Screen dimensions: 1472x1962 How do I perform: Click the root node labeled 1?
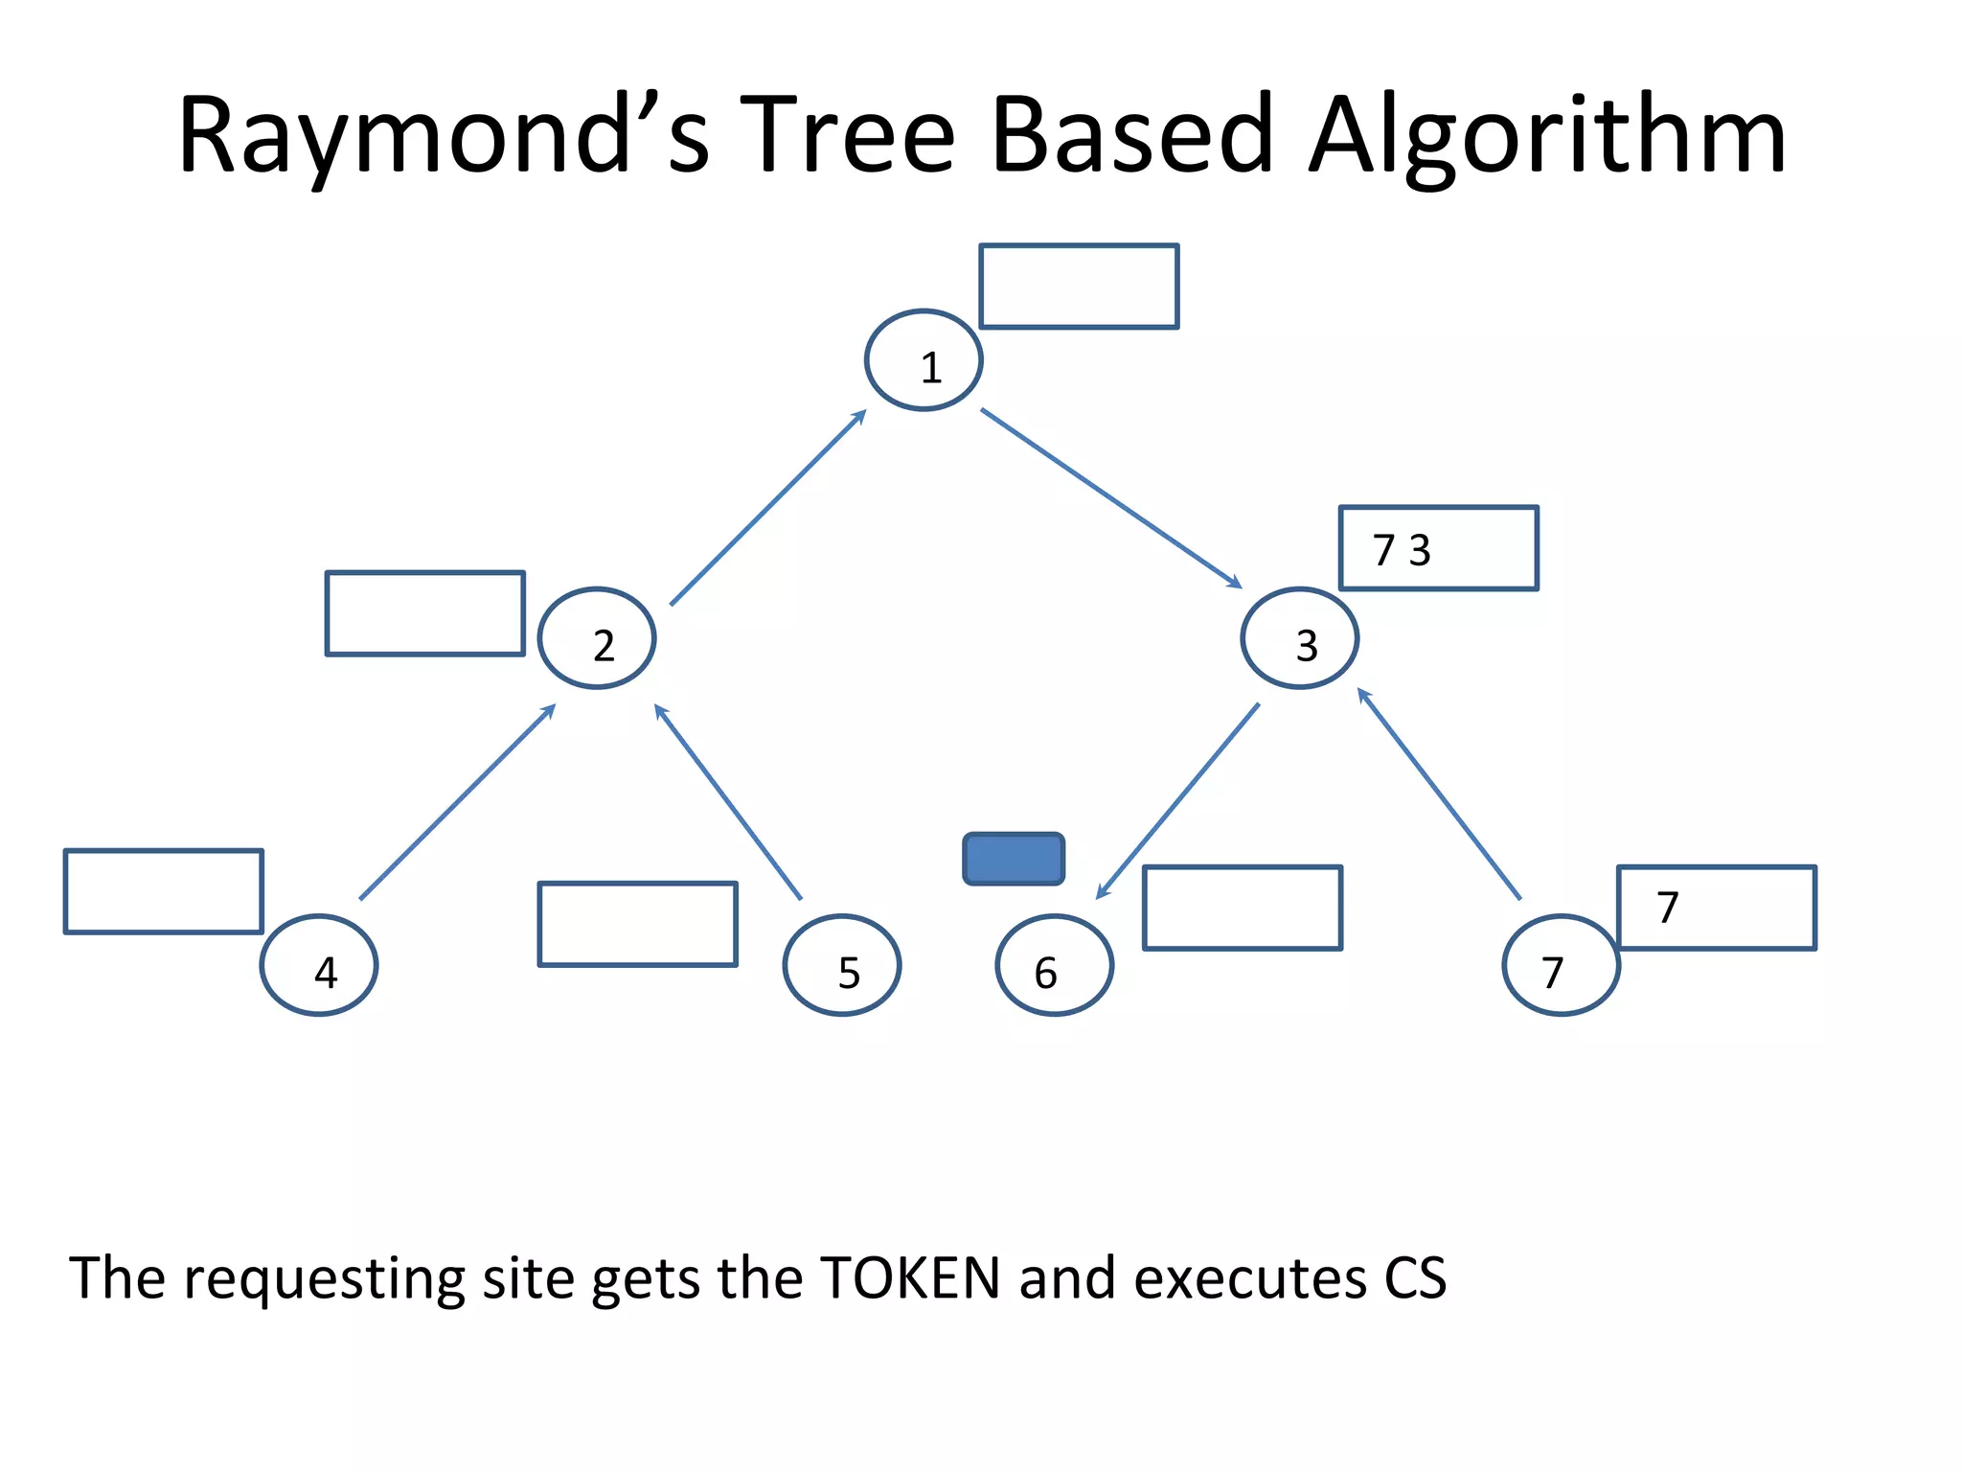tap(924, 360)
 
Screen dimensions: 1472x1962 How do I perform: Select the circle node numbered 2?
tap(597, 638)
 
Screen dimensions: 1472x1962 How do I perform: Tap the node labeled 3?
tap(1299, 638)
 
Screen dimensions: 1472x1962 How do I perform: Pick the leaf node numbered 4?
tap(319, 965)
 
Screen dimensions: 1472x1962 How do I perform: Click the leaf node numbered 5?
tap(842, 965)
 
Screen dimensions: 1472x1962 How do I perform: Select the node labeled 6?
tap(1054, 965)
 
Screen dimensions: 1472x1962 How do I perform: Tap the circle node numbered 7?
tap(1561, 965)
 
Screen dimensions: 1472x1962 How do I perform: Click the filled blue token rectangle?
tap(1014, 859)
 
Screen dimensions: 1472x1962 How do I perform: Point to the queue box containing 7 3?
tap(1438, 548)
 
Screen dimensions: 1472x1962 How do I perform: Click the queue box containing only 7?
tap(1717, 908)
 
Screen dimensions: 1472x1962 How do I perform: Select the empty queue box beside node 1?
tap(1079, 287)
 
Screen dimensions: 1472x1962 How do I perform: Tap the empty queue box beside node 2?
tap(425, 613)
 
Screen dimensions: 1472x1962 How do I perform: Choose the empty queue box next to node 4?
tap(164, 891)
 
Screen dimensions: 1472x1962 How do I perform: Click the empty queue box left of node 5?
tap(638, 924)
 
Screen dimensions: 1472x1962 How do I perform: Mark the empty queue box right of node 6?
tap(1243, 908)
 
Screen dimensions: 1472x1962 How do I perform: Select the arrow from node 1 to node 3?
tap(1111, 498)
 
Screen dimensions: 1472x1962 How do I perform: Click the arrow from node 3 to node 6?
tap(1178, 801)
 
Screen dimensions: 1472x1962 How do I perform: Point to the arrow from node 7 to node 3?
tap(1440, 794)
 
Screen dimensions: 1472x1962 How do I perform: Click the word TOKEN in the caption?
tap(910, 1278)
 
